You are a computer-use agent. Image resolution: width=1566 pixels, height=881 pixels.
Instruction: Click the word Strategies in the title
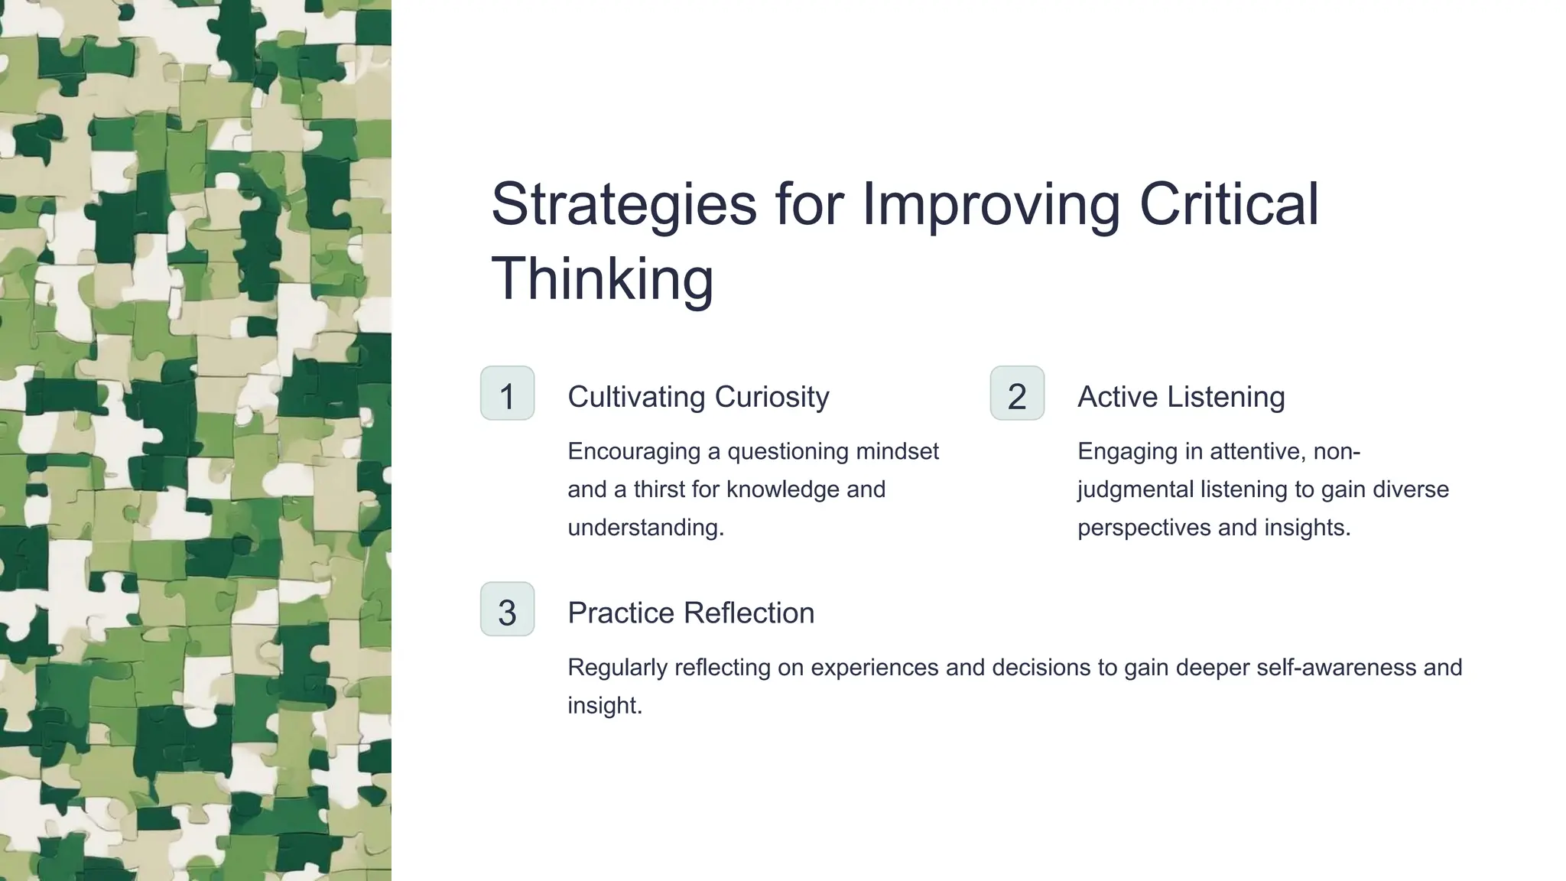coord(624,205)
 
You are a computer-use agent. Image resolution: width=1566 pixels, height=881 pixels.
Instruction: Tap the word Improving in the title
coord(991,205)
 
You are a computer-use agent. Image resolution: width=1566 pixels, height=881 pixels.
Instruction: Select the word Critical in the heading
coord(1229,205)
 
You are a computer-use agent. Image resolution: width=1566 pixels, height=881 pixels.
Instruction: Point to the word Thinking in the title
coord(602,278)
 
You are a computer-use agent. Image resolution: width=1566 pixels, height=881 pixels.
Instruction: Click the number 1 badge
coord(507,394)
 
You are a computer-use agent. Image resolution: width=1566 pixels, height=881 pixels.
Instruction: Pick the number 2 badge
coord(1017,394)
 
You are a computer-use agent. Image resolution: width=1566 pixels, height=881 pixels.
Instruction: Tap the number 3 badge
coord(507,610)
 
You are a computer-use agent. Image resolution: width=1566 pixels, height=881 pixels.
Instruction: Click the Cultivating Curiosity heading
coord(698,397)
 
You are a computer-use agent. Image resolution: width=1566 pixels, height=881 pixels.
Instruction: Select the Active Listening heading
coord(1181,397)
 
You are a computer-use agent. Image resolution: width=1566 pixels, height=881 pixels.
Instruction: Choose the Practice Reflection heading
coord(690,613)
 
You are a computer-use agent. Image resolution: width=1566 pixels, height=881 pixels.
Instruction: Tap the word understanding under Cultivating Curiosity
coord(645,528)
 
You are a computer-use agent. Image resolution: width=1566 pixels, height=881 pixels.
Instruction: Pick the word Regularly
coord(617,668)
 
